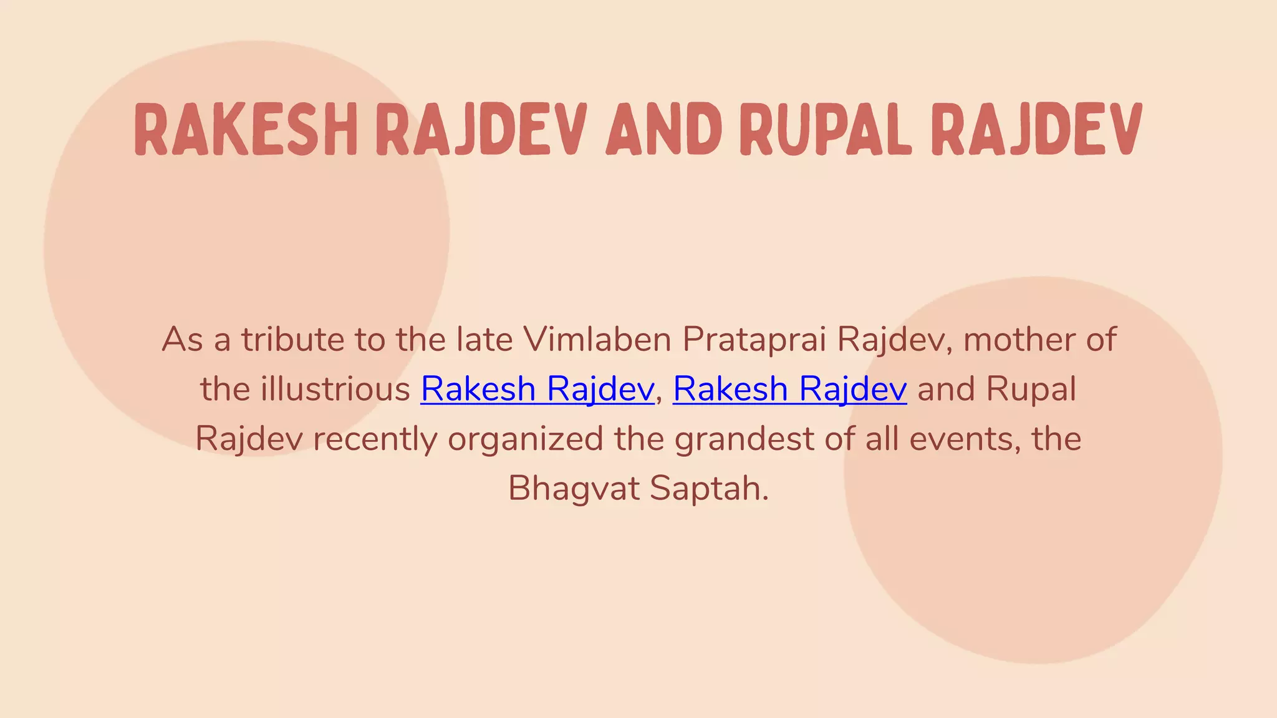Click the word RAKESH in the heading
coord(245,130)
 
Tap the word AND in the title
coord(663,130)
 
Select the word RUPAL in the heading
coord(825,130)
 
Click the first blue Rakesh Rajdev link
coord(537,390)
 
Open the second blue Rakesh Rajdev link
coord(789,390)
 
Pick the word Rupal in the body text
coord(1031,390)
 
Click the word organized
coord(525,439)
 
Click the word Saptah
coord(709,489)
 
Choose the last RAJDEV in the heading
coord(1036,130)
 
